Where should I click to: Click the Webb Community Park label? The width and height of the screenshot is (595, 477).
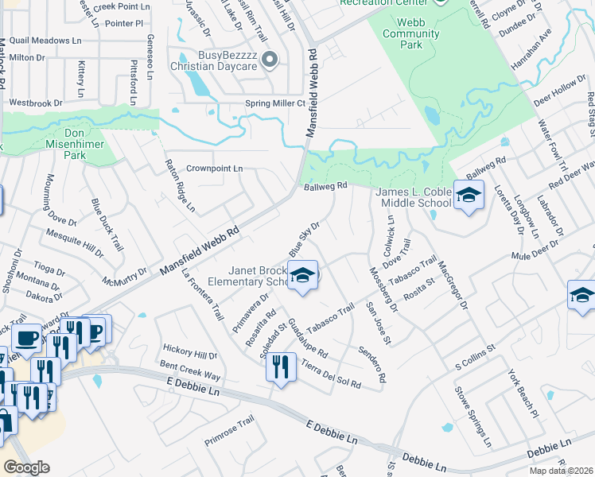point(410,33)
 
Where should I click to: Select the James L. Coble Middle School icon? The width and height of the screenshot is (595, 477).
point(469,196)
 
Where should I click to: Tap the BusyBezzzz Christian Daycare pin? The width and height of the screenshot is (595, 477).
point(269,59)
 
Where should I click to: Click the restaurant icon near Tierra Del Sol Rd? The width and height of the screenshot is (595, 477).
point(281,368)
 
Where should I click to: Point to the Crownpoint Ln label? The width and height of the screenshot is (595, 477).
point(214,169)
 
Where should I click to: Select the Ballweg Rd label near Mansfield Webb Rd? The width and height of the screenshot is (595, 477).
point(327,187)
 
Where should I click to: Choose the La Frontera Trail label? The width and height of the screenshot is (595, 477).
point(202,295)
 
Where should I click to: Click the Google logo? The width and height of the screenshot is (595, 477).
point(26,467)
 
